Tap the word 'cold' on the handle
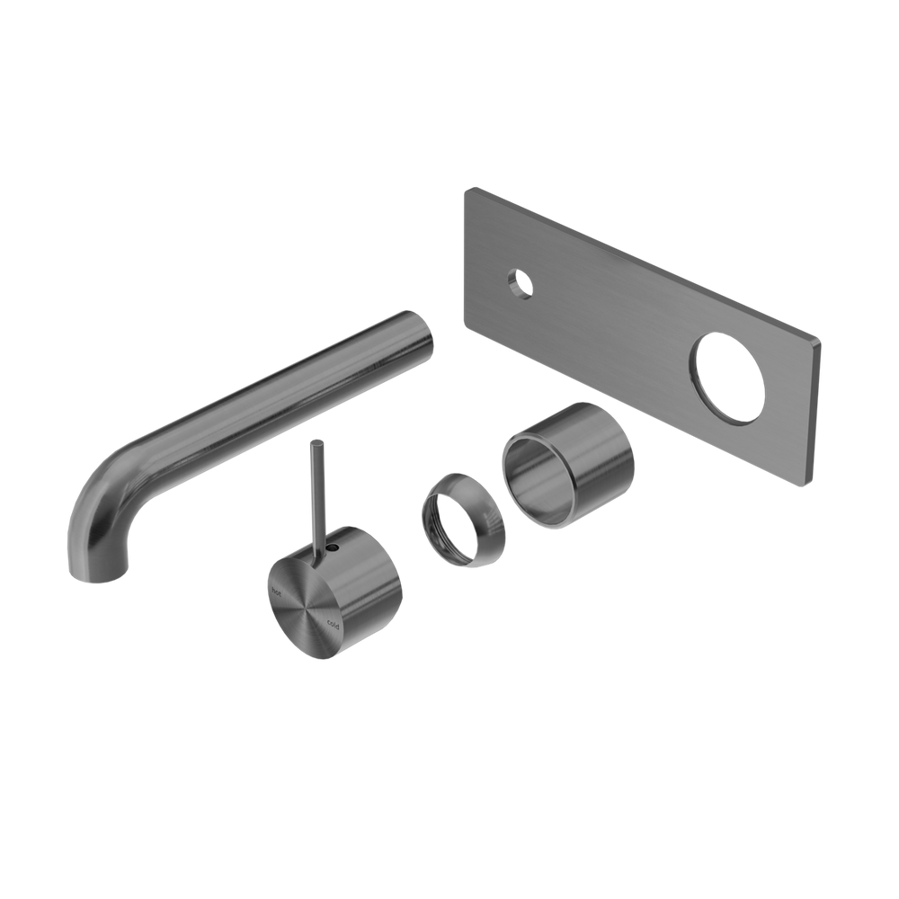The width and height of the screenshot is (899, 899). pos(333,623)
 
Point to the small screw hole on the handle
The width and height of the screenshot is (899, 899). pos(334,546)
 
